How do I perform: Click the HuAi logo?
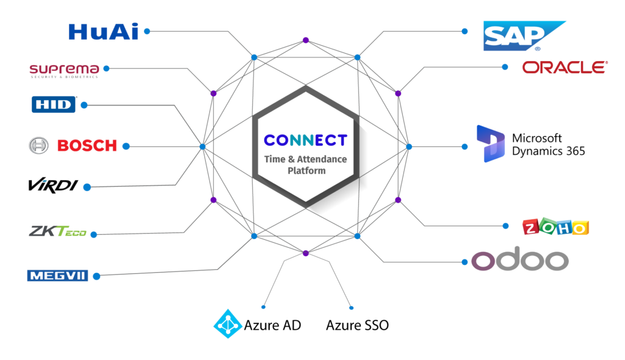tap(103, 31)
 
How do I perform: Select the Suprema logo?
tap(64, 70)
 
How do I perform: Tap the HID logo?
tap(54, 105)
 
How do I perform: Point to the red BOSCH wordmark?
tap(87, 146)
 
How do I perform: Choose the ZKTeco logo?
tap(57, 232)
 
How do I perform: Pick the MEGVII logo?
tap(57, 276)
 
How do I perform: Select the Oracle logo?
tap(565, 67)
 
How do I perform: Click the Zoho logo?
tap(555, 227)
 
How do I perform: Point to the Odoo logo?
tap(519, 261)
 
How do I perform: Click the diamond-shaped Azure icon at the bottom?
tap(228, 323)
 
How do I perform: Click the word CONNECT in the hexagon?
tap(305, 140)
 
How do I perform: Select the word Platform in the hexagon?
tap(306, 170)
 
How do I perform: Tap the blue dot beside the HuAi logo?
tap(146, 30)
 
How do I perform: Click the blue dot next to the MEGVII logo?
tap(96, 276)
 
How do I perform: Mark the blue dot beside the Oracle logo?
tap(505, 67)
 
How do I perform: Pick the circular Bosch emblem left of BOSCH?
tap(38, 146)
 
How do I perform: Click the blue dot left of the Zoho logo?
tap(505, 226)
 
